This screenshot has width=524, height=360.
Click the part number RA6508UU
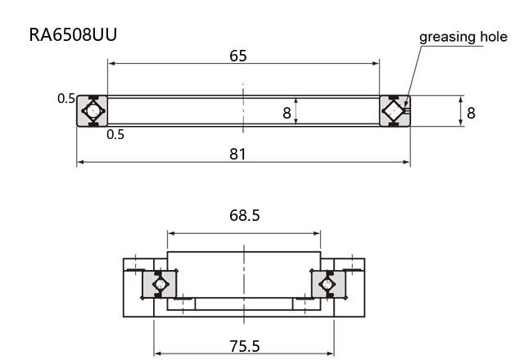(73, 34)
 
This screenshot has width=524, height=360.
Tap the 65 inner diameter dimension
(238, 56)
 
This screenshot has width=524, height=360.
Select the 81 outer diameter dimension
(237, 154)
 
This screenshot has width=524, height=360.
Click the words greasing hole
(463, 37)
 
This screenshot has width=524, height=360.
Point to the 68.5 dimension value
(244, 215)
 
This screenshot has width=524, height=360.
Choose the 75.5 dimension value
(244, 346)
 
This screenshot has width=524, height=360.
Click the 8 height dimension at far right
(471, 113)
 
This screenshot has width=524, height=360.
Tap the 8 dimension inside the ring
(287, 113)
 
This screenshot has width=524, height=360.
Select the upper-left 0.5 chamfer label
(66, 98)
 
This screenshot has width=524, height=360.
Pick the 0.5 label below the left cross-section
(115, 134)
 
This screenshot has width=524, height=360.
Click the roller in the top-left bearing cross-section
(93, 111)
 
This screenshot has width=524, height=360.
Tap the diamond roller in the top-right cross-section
(393, 111)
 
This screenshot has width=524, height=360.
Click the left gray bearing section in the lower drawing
(159, 284)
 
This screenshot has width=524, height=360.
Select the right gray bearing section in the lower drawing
(328, 284)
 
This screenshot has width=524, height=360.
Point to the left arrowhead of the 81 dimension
(80, 162)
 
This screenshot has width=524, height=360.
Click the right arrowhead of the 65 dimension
(376, 63)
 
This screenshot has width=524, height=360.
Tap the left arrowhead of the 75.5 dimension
(158, 353)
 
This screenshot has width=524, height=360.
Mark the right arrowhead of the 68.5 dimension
(317, 233)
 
